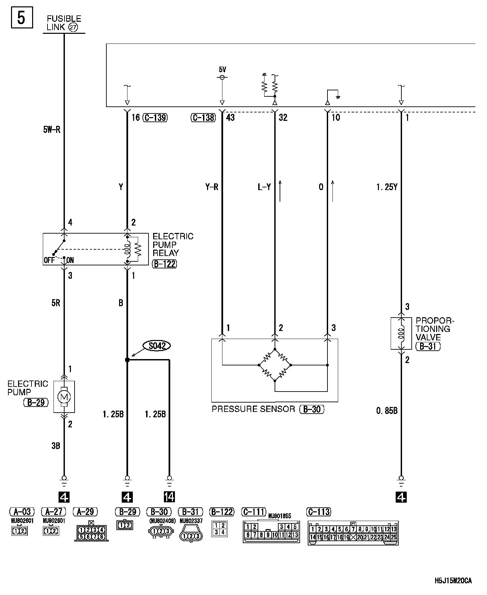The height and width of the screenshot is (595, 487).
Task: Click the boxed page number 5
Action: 21,18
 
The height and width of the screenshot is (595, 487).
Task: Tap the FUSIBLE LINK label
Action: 64,23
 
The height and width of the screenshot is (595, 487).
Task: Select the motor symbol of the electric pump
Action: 64,397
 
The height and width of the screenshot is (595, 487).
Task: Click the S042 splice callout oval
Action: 157,346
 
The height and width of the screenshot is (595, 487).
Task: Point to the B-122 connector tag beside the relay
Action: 164,264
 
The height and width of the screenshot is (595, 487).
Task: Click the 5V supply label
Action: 222,70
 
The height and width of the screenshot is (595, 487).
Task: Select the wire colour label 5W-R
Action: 52,130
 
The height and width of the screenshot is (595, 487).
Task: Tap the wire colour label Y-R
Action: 211,187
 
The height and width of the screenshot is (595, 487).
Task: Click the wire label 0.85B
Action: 387,411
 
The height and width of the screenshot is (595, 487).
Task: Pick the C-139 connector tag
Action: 155,117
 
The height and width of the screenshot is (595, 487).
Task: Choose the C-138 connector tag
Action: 203,117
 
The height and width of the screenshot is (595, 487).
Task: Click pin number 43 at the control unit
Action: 230,117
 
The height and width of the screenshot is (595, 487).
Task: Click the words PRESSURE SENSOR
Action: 253,409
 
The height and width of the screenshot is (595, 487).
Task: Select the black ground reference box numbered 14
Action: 169,497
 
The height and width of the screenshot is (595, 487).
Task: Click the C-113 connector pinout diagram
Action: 353,533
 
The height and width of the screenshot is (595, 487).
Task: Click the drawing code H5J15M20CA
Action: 453,581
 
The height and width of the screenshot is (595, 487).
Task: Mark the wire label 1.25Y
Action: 387,187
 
